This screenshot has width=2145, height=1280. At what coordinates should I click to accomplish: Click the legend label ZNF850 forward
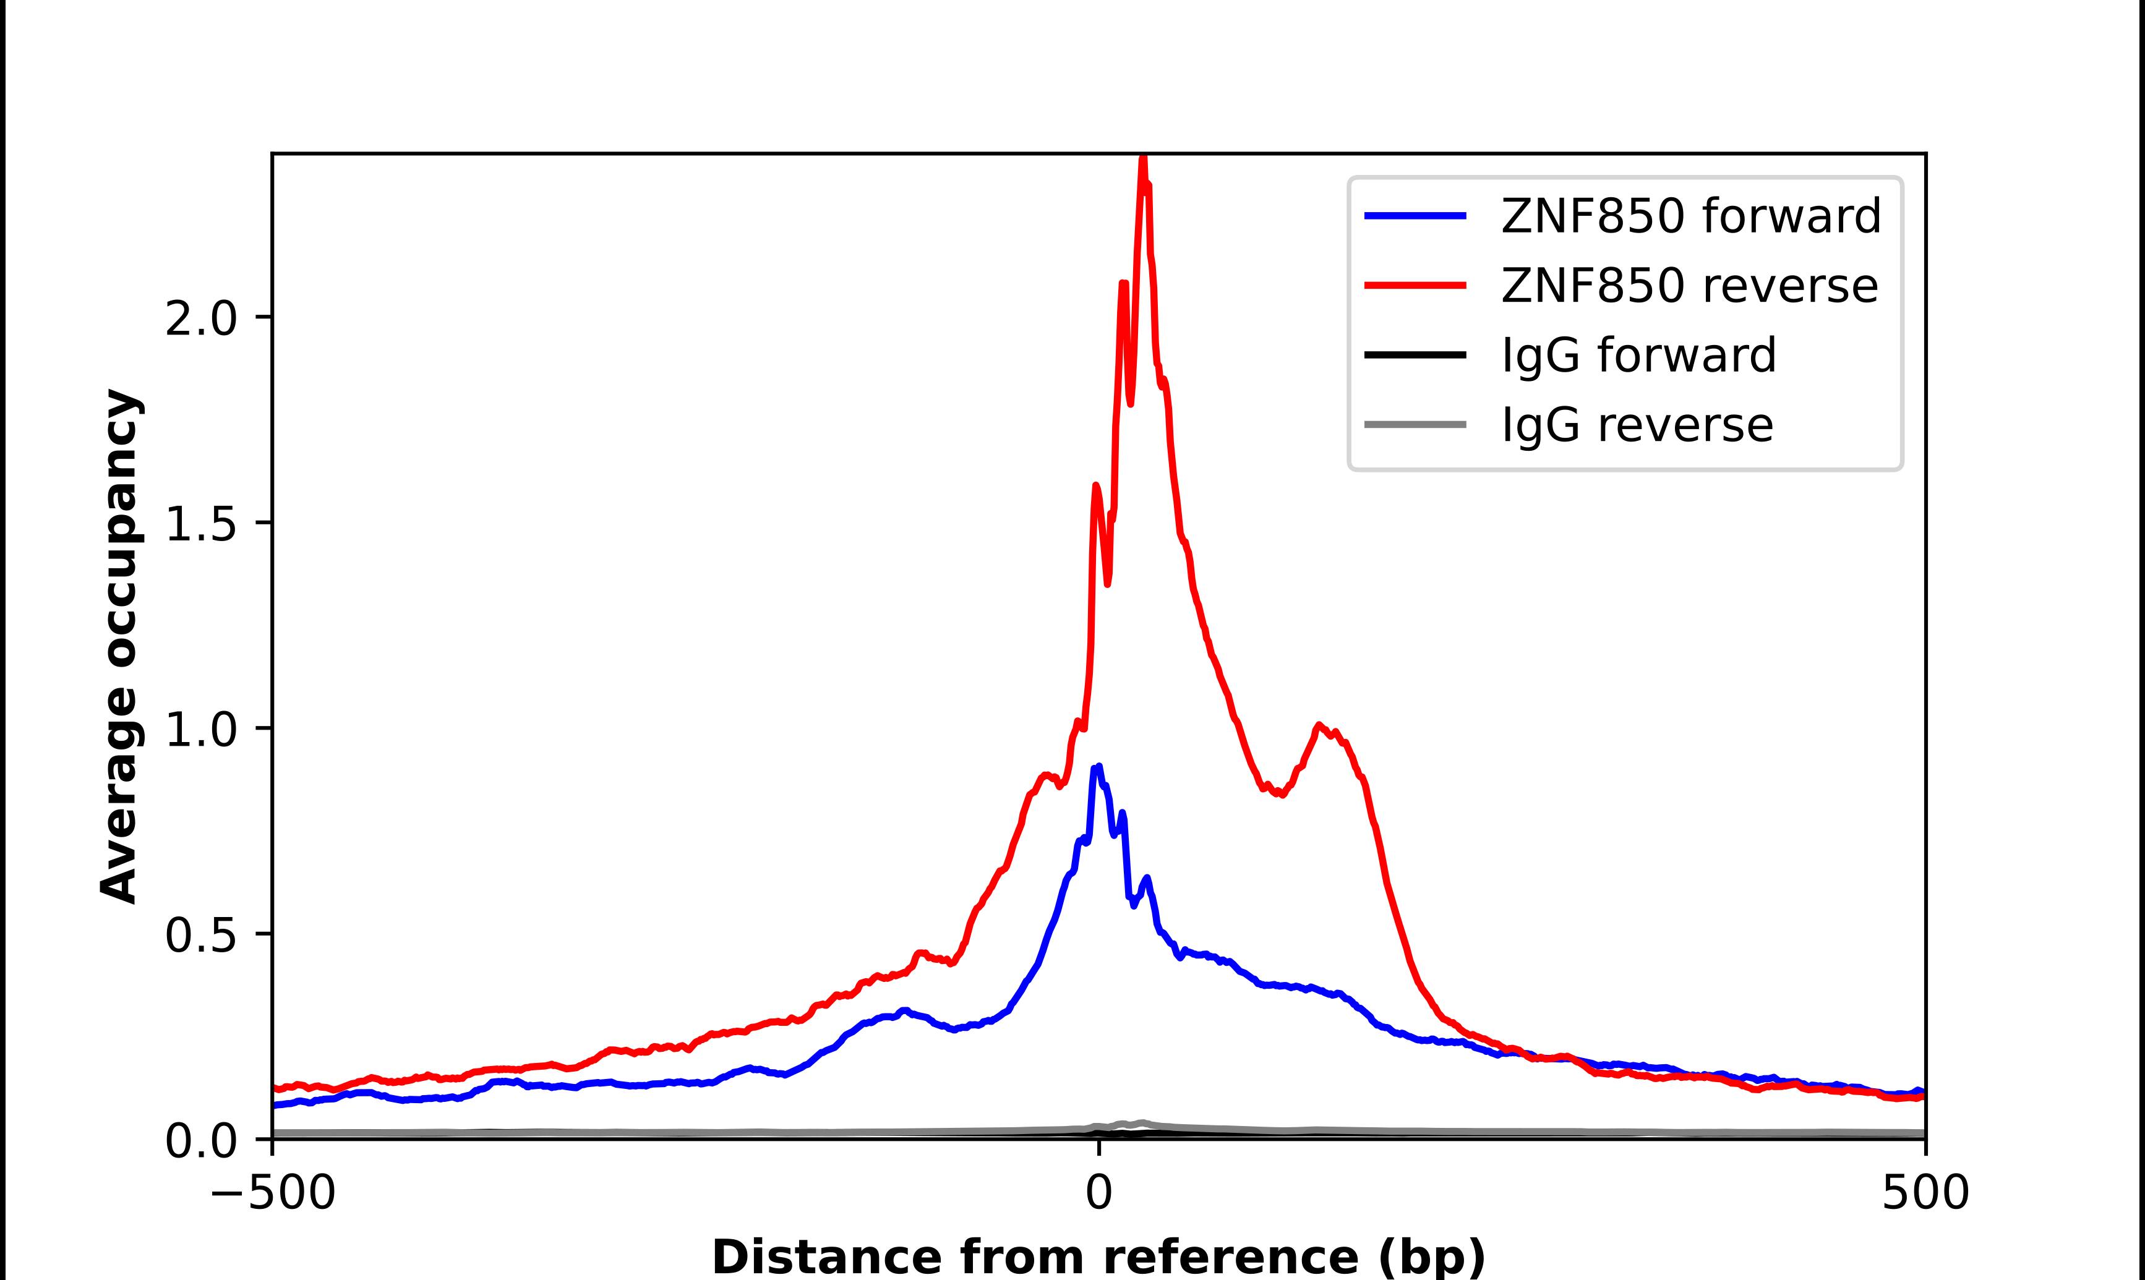pos(1690,216)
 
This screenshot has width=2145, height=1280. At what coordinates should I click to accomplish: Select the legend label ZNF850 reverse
pos(1689,286)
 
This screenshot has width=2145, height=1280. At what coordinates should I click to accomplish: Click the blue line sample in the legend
pos(1415,216)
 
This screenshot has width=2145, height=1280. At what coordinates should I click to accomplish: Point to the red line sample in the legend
pos(1415,286)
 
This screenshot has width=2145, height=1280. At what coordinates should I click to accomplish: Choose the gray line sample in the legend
pos(1415,424)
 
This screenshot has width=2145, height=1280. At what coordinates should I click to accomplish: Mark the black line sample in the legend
pos(1415,354)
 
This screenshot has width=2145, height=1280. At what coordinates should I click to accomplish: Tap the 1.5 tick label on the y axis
pos(200,525)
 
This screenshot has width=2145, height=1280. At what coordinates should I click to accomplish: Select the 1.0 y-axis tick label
pos(200,730)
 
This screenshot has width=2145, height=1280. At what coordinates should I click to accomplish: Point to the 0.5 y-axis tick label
pos(200,936)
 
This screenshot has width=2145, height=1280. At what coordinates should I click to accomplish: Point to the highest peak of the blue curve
pos(1098,767)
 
